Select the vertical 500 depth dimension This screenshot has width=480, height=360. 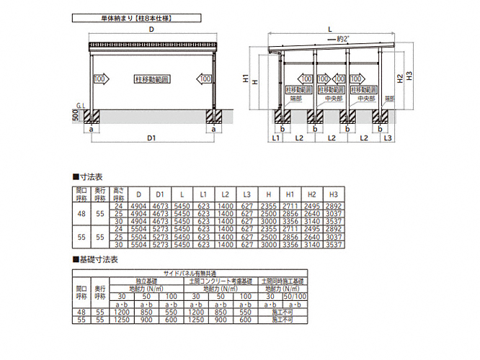pos(75,115)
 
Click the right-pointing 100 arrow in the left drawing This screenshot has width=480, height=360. pos(101,78)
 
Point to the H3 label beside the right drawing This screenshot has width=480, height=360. pos(408,74)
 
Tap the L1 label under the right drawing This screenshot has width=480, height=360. pos(276,136)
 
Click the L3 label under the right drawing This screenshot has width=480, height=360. pos(387,136)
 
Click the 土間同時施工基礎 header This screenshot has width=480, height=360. pos(285,281)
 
